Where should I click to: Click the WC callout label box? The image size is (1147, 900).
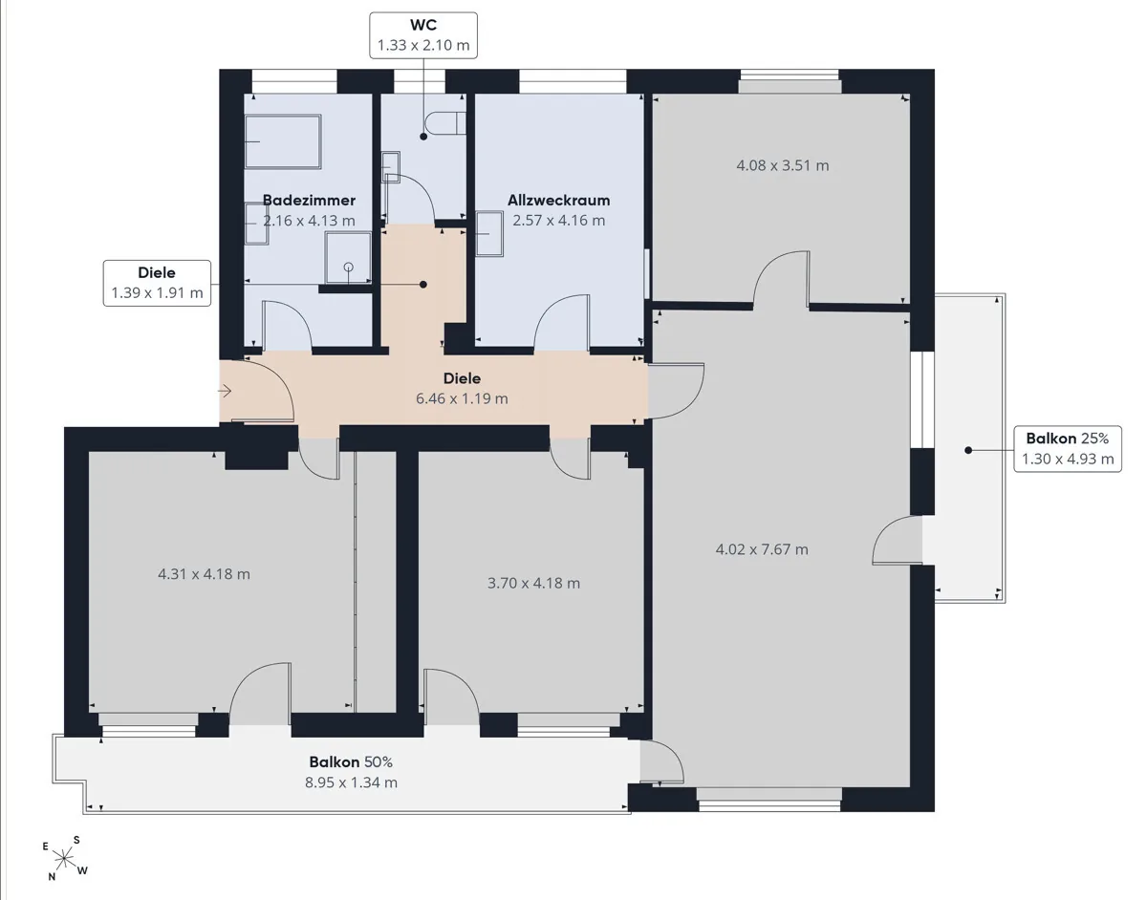[x=423, y=35]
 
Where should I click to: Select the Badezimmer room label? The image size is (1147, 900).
[x=309, y=201]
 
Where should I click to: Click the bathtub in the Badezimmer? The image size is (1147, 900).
[x=284, y=141]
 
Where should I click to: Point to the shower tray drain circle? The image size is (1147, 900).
[x=348, y=268]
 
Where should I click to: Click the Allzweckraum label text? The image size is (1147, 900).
[x=558, y=201]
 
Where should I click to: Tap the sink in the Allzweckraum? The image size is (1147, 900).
[x=489, y=234]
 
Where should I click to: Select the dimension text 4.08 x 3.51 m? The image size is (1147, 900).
[x=782, y=165]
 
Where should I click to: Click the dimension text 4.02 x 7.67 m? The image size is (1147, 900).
[x=762, y=549]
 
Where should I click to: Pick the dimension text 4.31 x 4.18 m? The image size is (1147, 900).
[x=204, y=574]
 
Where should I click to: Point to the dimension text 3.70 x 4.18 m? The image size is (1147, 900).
[x=533, y=584]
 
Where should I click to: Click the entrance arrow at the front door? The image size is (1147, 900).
[x=225, y=391]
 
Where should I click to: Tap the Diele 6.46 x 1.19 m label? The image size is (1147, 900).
[x=462, y=388]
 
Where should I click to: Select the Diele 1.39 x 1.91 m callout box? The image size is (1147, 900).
[x=157, y=283]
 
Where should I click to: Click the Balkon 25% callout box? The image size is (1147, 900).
[x=1068, y=449]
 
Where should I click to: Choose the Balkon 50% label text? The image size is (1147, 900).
[x=351, y=761]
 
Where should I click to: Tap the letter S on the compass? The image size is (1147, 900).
[x=76, y=841]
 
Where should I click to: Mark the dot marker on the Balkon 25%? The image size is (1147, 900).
[x=968, y=450]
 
